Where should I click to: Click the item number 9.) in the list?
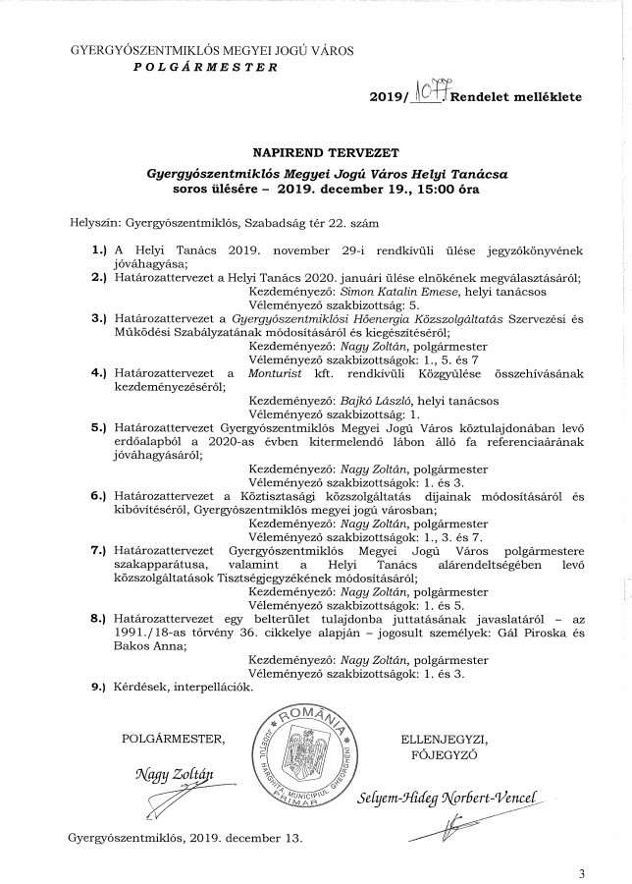98,688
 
